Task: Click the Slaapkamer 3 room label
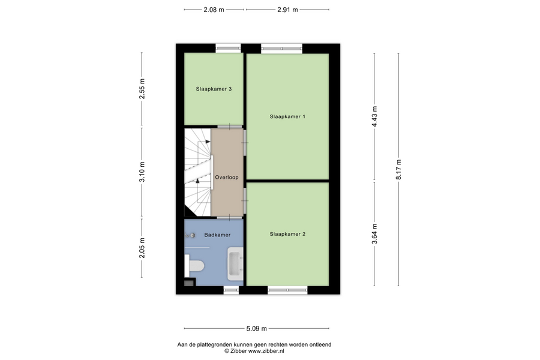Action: [x=214, y=89]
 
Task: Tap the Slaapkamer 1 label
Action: [x=287, y=116]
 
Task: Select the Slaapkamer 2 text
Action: [x=287, y=234]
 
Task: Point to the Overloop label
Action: [x=227, y=178]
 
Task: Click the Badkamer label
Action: [x=217, y=235]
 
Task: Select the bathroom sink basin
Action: [x=236, y=263]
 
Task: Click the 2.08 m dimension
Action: [x=214, y=10]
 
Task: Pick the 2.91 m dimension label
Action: [x=287, y=10]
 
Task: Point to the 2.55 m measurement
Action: [x=142, y=89]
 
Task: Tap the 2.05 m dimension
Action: [x=142, y=248]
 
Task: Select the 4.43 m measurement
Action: [x=374, y=116]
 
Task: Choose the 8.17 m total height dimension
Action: [x=399, y=169]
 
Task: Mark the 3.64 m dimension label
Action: [x=374, y=233]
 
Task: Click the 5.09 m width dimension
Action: [x=257, y=329]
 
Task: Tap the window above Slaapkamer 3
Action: [x=229, y=48]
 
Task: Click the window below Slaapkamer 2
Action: [x=287, y=290]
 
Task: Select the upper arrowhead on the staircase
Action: [x=208, y=142]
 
